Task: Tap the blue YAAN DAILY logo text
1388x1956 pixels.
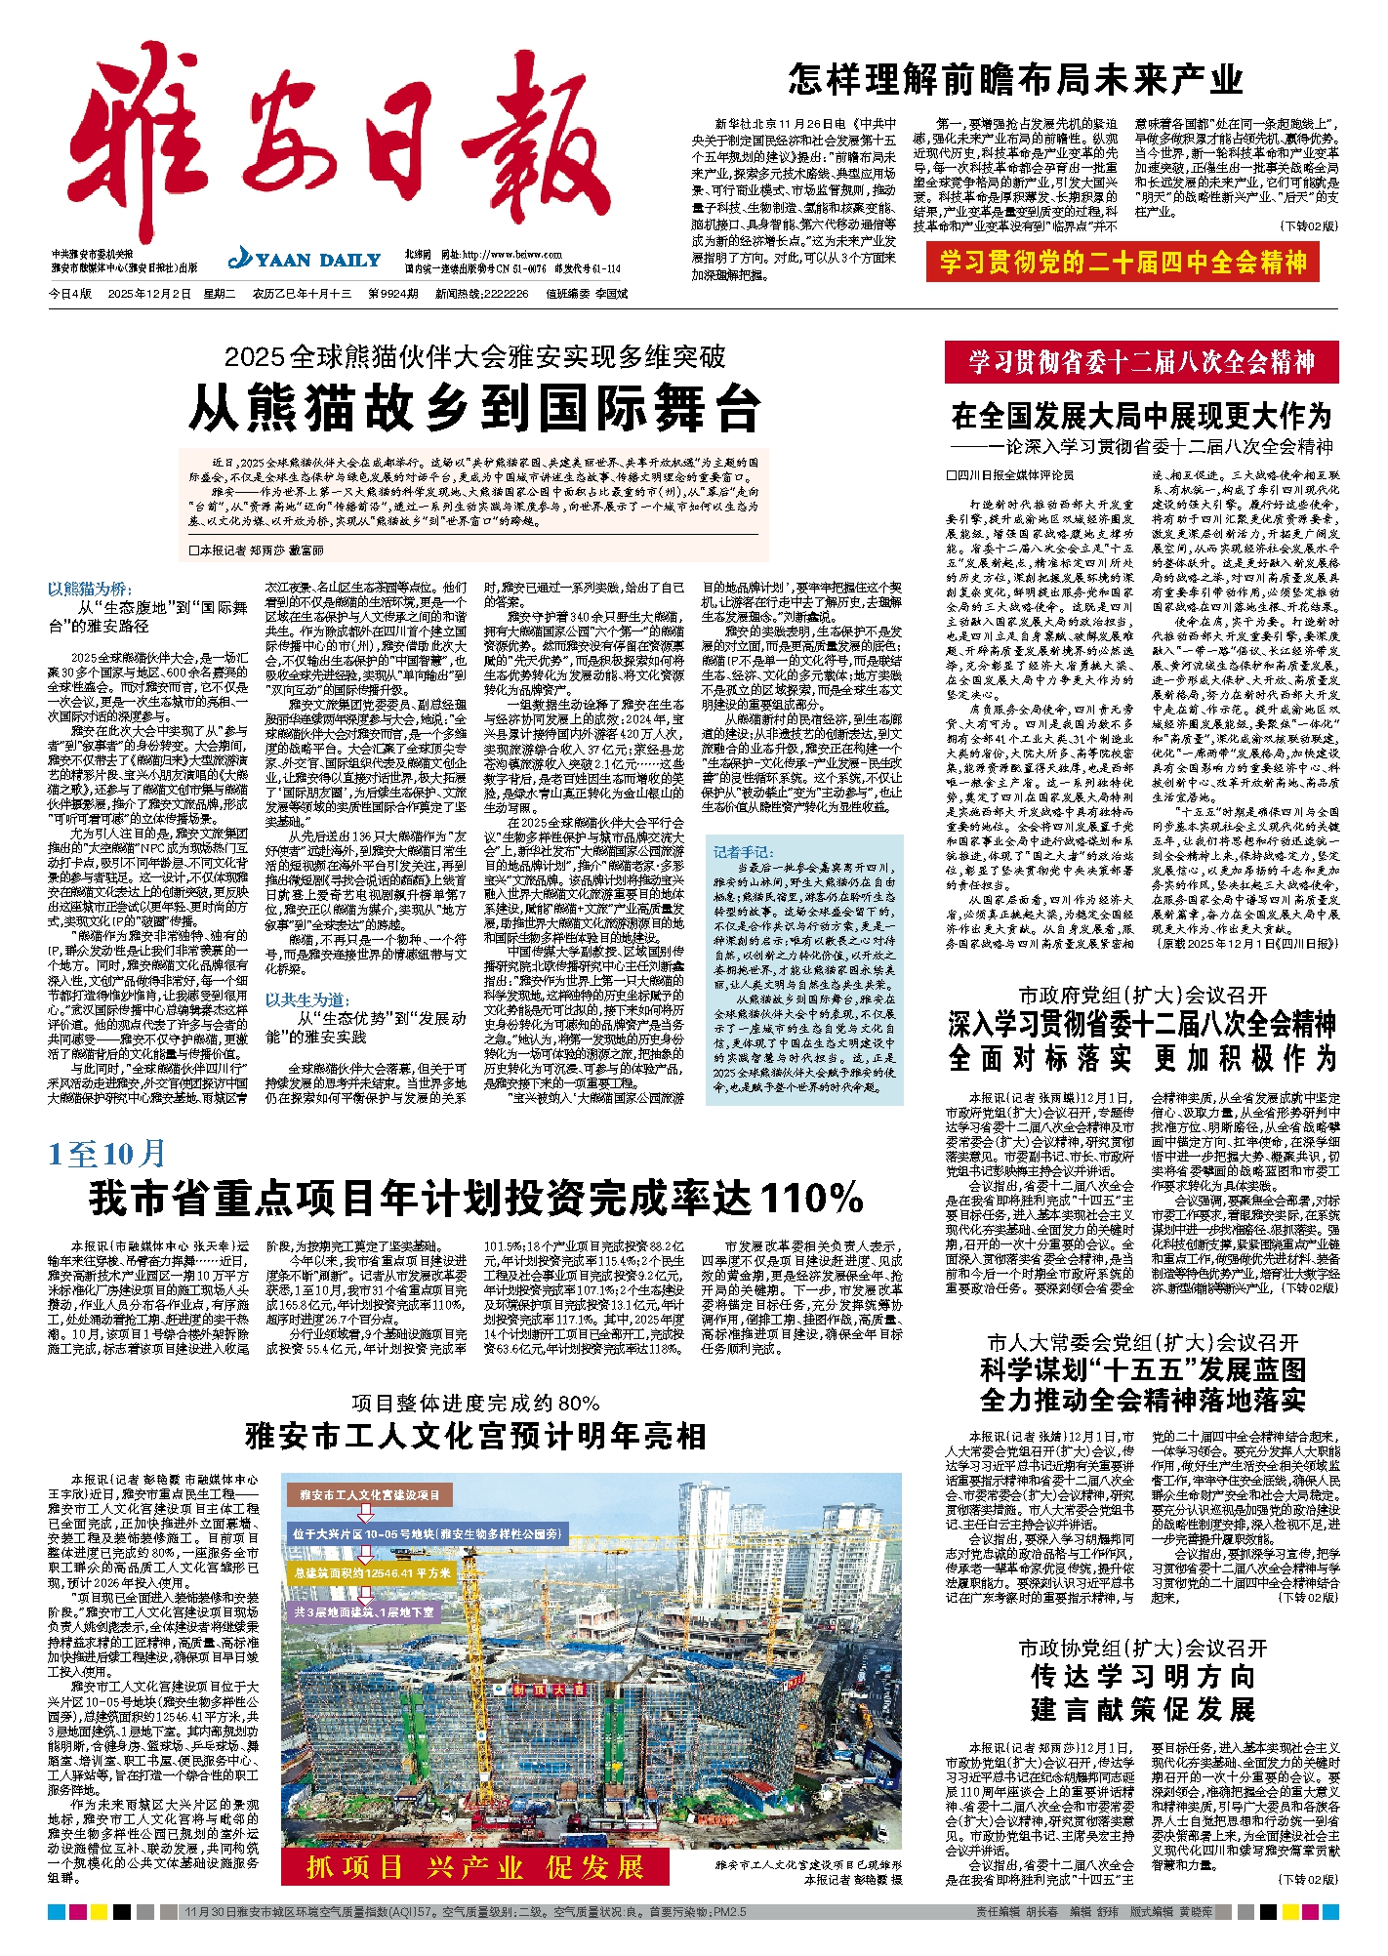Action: tap(305, 260)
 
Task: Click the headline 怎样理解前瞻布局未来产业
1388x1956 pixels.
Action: tap(1015, 80)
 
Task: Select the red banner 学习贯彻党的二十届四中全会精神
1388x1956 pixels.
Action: tap(1123, 263)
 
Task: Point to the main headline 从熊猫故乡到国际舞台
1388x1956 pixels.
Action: tap(474, 408)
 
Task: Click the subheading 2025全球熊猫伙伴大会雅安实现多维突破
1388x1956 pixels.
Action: tap(474, 357)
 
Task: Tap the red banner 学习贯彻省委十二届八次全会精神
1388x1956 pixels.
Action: tap(1141, 362)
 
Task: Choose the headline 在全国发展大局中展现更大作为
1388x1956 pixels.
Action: tap(1141, 417)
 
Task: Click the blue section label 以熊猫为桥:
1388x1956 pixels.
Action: tap(89, 589)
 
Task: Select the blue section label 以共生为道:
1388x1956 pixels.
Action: tap(306, 999)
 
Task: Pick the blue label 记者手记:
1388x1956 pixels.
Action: tap(743, 851)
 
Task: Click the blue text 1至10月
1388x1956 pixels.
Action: tap(107, 1155)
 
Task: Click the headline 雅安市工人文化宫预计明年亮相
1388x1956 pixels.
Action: tap(475, 1437)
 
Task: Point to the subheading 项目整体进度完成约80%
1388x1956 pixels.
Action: tap(475, 1404)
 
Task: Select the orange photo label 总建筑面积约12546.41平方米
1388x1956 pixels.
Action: tap(372, 1573)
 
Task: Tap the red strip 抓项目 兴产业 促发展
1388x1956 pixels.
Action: tap(474, 1867)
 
